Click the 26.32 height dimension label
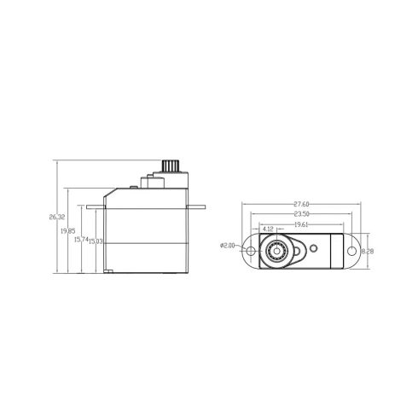56,218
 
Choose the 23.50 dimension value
300,215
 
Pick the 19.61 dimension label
300,224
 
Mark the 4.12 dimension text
269,229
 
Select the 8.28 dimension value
369,253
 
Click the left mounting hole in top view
250,253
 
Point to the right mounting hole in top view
350,253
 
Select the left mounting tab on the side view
96,206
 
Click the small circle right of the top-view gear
313,248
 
